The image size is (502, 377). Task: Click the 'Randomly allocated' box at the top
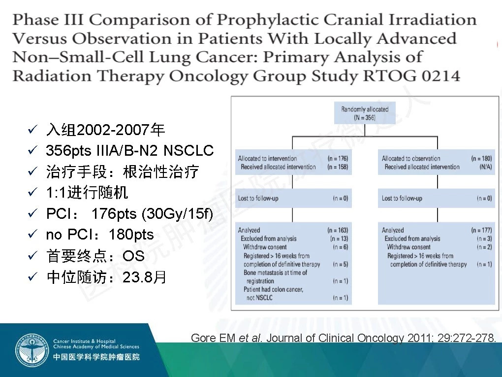[365, 113]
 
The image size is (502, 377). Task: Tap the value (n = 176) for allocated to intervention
[338, 158]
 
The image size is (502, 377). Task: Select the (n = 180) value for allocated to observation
[481, 158]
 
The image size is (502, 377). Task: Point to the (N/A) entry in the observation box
[486, 167]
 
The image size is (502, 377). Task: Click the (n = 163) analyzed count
[338, 230]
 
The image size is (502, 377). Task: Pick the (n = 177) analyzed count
[481, 230]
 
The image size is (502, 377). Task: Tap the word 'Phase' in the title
[36, 20]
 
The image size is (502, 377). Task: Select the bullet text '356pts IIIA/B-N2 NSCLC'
[129, 150]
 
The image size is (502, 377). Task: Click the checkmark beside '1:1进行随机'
[32, 192]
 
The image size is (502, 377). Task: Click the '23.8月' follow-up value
[144, 277]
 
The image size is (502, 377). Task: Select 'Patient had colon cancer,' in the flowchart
[273, 289]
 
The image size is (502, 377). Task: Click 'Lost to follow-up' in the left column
[258, 199]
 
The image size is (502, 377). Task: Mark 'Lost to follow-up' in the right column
[402, 199]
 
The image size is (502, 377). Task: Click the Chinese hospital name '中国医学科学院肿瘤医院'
[96, 357]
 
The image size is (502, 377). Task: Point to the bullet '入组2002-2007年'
[105, 130]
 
